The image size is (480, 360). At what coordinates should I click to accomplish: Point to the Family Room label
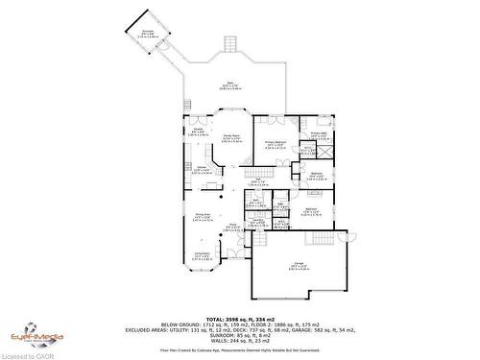click(x=230, y=140)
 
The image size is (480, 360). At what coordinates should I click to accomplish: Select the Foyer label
click(x=232, y=228)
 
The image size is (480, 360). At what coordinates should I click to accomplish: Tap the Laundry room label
click(x=258, y=223)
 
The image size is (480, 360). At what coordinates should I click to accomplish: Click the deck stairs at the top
click(x=230, y=44)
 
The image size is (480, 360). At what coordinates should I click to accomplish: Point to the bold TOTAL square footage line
click(x=240, y=318)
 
